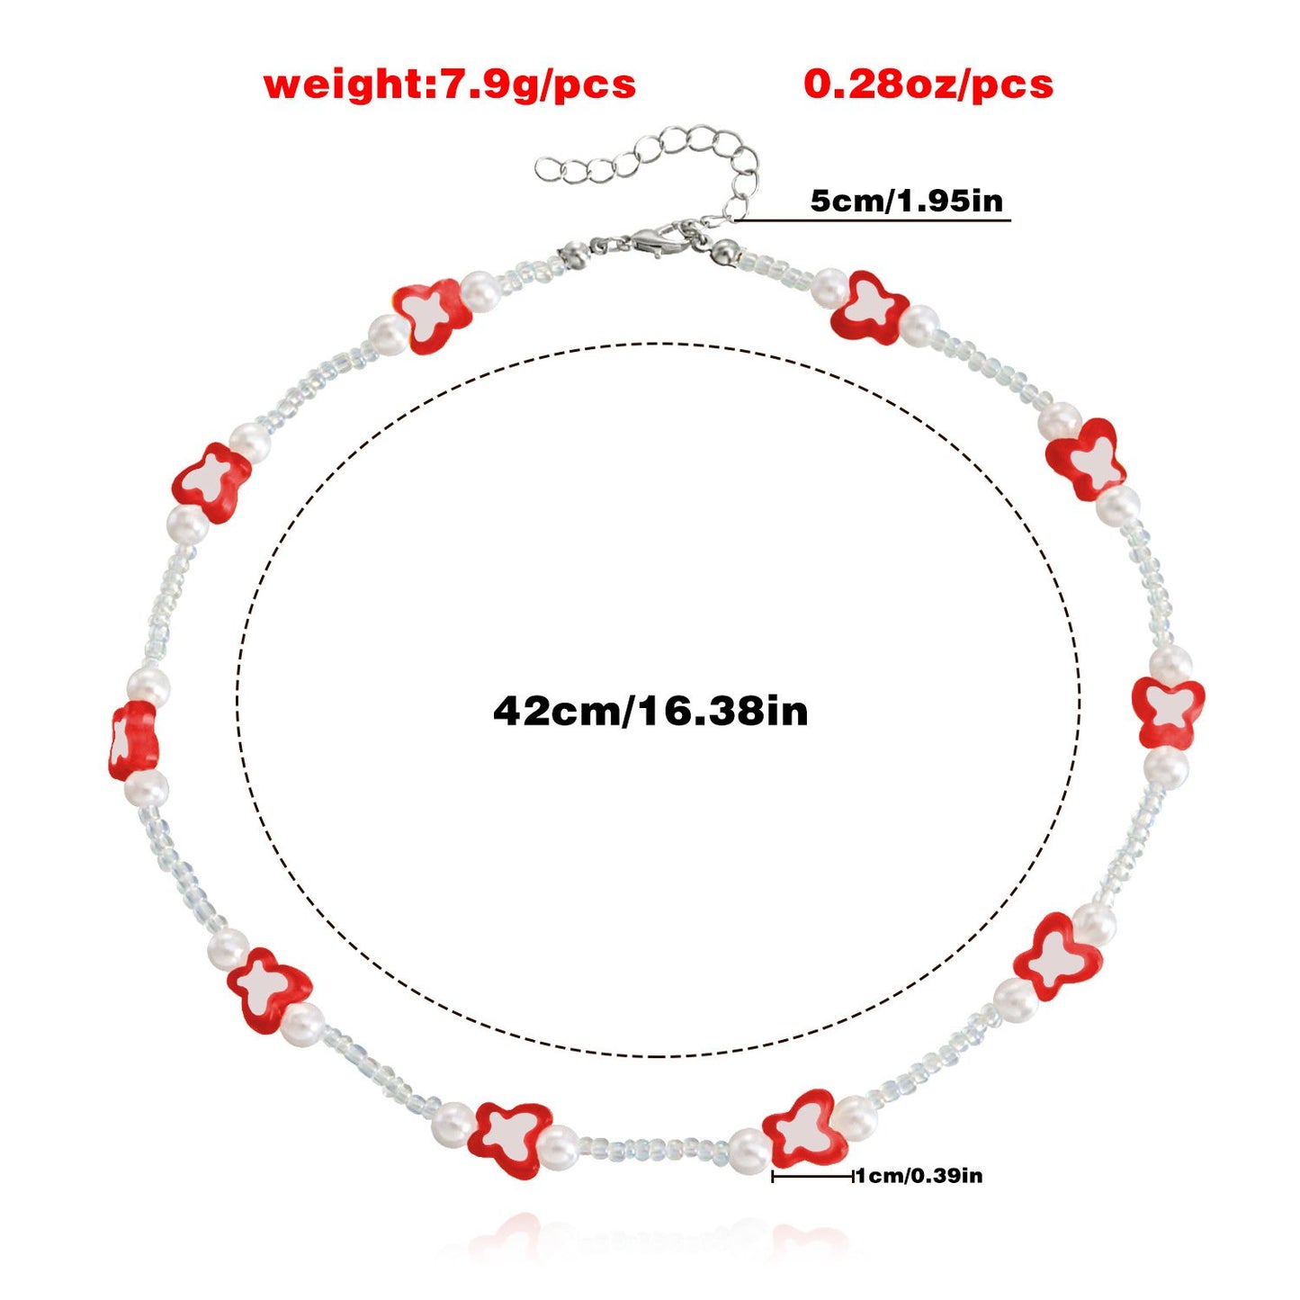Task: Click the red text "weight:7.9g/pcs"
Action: (450, 85)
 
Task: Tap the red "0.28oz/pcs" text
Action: (928, 85)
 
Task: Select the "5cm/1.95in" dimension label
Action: (907, 201)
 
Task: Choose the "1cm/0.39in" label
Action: (919, 1176)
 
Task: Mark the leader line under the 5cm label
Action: (873, 220)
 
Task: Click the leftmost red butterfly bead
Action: (133, 740)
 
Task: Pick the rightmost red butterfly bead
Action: (1167, 713)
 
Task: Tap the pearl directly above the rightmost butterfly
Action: (1170, 664)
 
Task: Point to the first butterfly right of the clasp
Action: (870, 307)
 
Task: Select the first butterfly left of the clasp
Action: (432, 316)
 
